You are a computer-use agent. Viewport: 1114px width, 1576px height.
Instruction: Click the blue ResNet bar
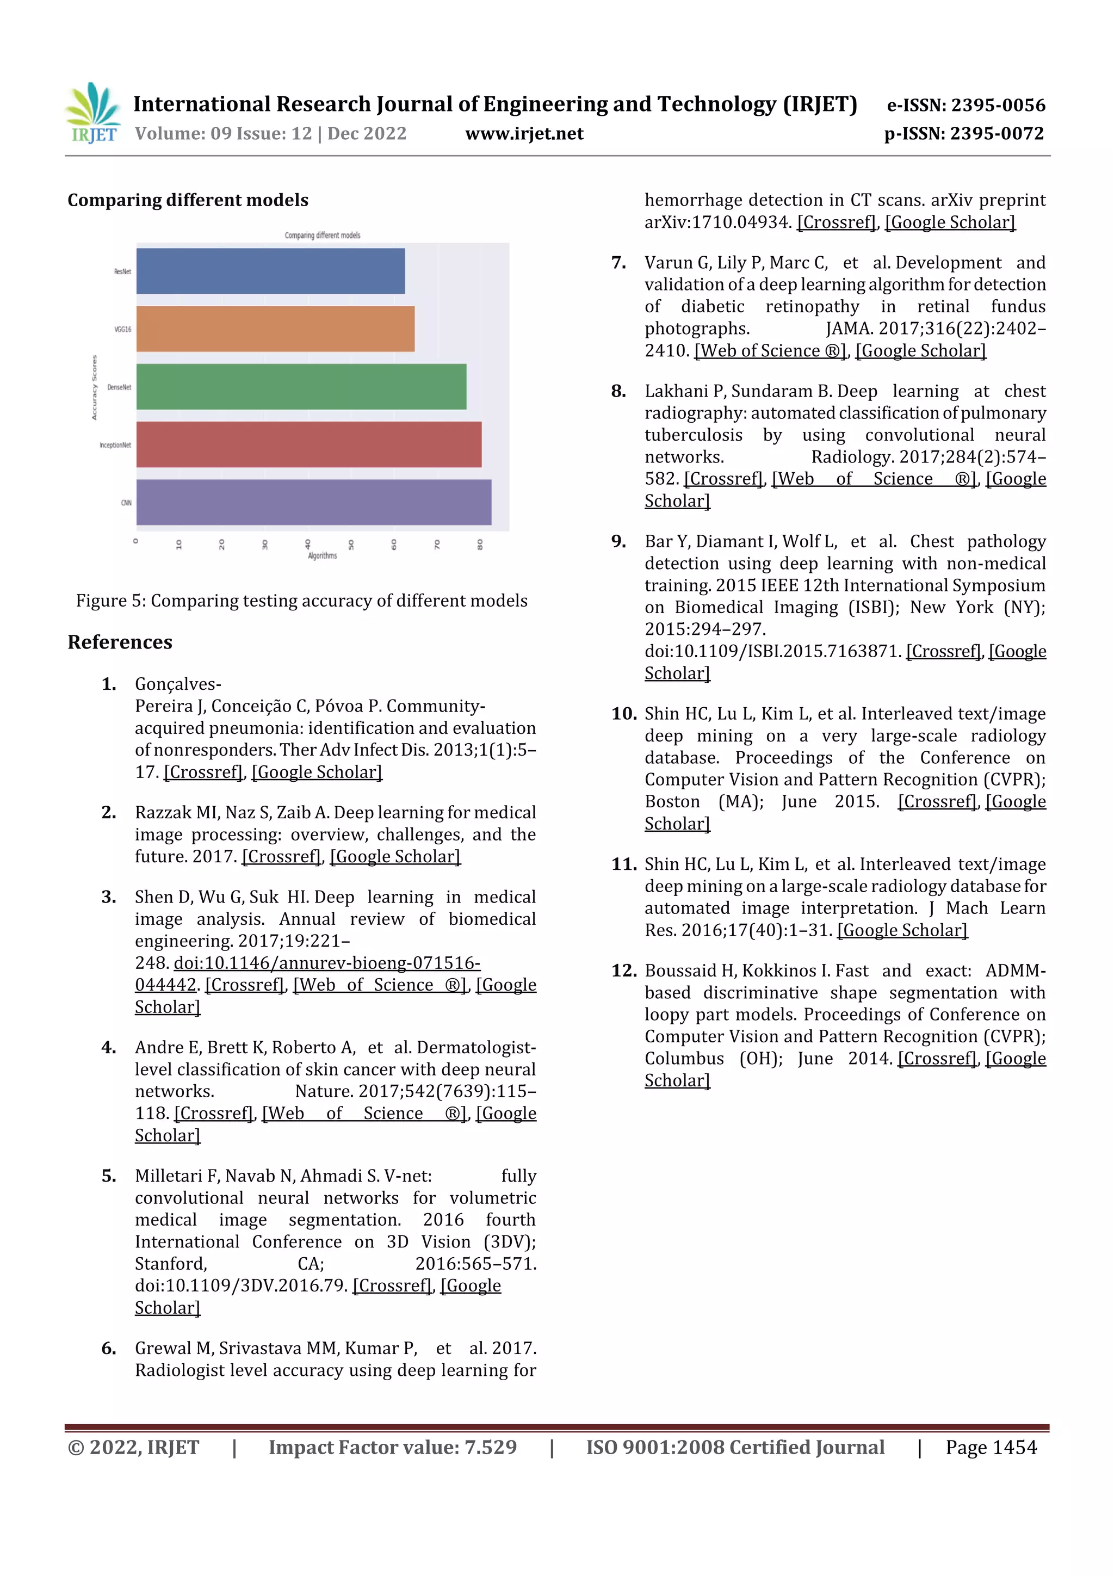[x=270, y=271]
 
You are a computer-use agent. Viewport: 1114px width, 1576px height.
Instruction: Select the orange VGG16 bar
[x=275, y=329]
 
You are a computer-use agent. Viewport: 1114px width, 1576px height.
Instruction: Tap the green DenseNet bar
[x=301, y=386]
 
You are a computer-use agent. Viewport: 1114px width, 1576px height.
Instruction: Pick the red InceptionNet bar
[x=308, y=444]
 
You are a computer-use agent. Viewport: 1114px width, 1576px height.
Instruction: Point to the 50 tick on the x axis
[x=351, y=545]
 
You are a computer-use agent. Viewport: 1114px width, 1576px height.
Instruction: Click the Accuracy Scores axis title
[x=95, y=388]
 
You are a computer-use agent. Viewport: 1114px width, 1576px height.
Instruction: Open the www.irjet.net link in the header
[x=524, y=133]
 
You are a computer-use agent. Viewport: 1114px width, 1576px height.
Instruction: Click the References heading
[x=120, y=642]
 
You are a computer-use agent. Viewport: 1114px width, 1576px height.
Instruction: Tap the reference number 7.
[x=618, y=262]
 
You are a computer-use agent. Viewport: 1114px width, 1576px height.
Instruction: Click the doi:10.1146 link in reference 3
[x=327, y=962]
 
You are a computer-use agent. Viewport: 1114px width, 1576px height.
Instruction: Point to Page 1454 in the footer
[x=991, y=1447]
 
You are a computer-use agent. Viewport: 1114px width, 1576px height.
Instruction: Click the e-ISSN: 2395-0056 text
[x=965, y=105]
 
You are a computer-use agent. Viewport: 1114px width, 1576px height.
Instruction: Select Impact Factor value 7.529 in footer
[x=392, y=1447]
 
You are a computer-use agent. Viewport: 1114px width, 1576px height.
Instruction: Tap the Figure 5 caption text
[x=301, y=601]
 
